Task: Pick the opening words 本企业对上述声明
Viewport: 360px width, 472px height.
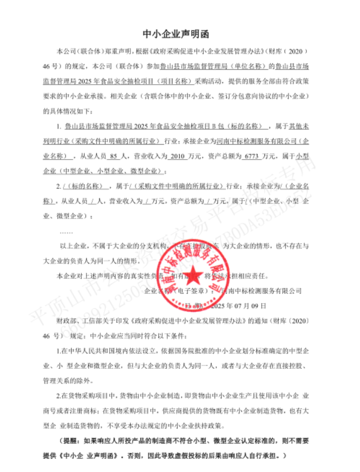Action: [84, 276]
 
